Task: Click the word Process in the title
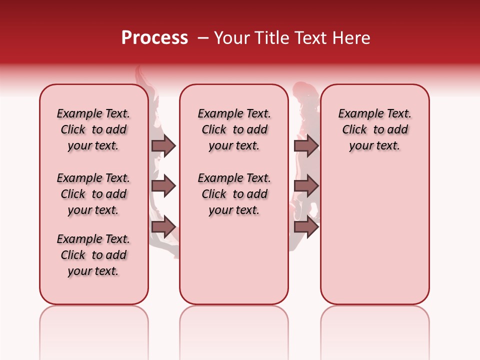[154, 38]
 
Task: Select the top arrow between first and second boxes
[163, 145]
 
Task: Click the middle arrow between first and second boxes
[163, 186]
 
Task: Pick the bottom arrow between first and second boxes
[163, 227]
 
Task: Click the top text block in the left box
[93, 129]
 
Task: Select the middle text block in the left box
[93, 194]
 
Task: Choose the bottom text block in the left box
[93, 255]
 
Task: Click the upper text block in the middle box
[234, 129]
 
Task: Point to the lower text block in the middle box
[234, 194]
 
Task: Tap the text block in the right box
[374, 129]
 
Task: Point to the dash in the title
[203, 38]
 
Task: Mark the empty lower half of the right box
[374, 235]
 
